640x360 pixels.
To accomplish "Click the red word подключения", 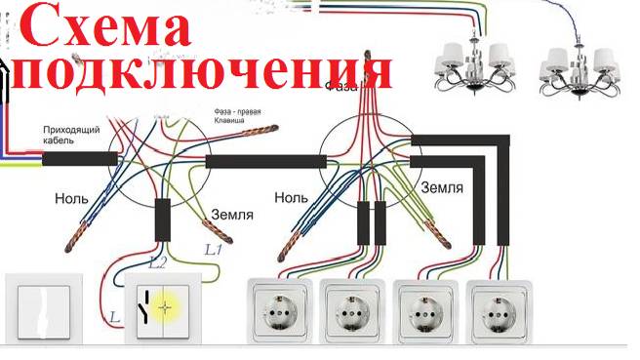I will [x=205, y=70].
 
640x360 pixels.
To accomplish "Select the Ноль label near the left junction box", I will [x=71, y=199].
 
